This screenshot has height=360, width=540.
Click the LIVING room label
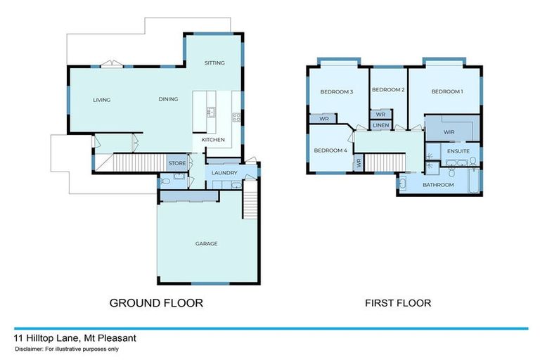point(102,100)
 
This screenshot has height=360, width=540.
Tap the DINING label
point(168,99)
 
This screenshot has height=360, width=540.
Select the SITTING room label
point(214,63)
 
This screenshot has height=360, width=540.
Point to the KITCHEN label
point(213,140)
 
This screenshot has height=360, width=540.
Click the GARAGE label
point(206,244)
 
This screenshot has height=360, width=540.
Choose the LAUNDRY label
point(225,173)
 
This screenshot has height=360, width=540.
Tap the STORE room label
point(176,163)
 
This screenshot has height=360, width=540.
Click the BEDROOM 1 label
point(446,92)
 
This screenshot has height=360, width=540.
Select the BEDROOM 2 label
point(388,90)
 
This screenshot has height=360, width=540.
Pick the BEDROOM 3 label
point(336,92)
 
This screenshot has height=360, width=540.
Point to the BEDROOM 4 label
point(330,150)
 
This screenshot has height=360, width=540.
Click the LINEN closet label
point(380,125)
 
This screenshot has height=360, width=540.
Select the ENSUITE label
point(458,150)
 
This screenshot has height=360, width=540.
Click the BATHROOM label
point(438,185)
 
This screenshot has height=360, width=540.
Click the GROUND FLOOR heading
point(156,303)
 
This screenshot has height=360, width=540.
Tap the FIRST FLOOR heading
point(397,303)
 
